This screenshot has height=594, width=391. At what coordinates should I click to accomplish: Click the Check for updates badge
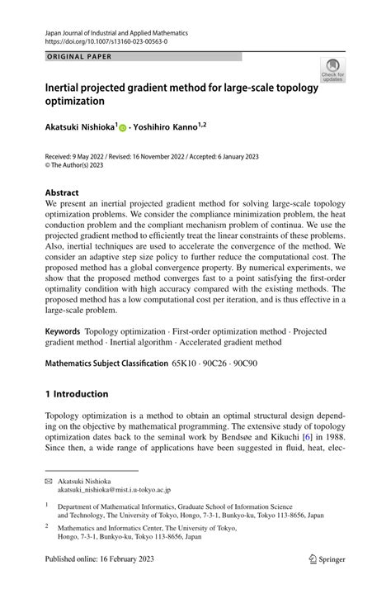[x=332, y=70]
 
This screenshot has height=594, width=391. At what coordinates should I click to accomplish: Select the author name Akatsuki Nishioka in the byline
[x=81, y=128]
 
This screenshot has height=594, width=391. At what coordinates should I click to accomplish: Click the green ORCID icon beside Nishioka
[x=123, y=129]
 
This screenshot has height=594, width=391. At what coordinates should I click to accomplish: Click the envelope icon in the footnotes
[x=49, y=481]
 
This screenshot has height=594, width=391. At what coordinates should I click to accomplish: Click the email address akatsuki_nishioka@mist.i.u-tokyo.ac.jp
[x=118, y=490]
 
